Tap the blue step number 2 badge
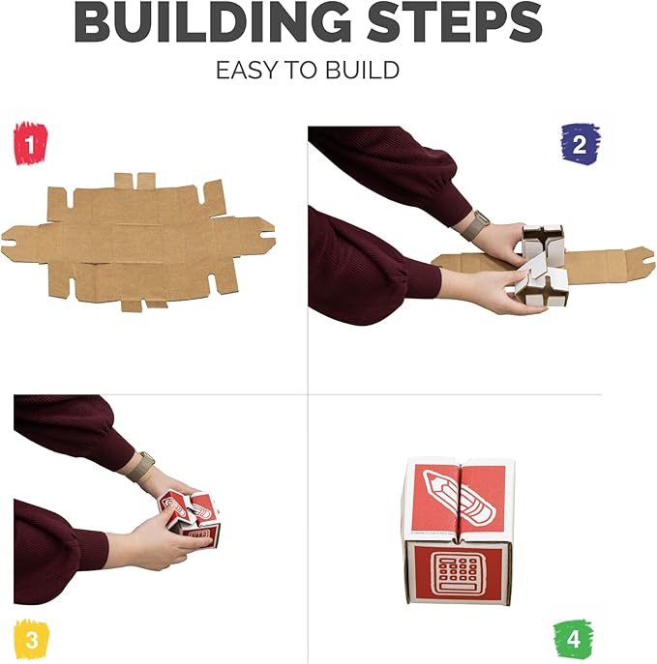580,144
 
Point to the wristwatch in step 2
475,225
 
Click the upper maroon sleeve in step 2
387,164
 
